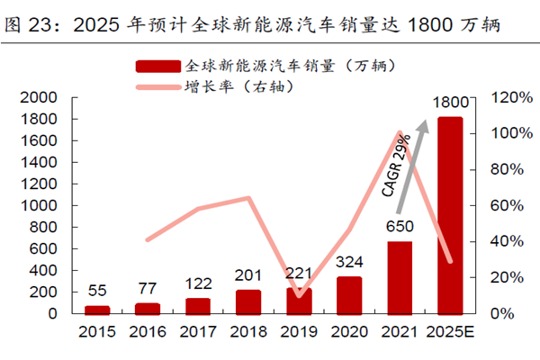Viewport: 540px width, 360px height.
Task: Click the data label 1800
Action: (450, 104)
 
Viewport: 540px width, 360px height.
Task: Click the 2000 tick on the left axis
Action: (39, 97)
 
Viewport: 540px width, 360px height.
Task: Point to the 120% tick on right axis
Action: (507, 97)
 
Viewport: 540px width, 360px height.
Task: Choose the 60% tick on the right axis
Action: (504, 205)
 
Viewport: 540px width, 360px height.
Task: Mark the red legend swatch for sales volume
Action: (158, 67)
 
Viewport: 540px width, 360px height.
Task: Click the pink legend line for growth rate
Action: (158, 88)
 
